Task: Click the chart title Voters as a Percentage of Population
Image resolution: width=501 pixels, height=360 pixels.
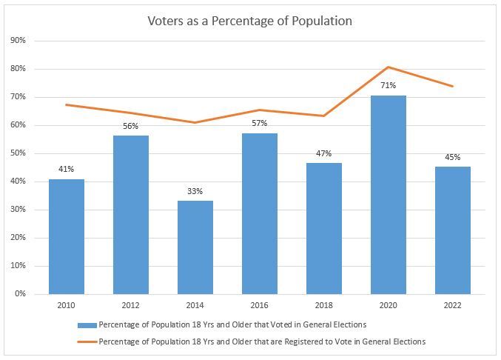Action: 250,21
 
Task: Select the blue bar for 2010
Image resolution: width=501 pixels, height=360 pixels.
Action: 66,236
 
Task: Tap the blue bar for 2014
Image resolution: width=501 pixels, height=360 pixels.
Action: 195,247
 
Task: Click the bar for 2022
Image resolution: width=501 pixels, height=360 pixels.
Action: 452,230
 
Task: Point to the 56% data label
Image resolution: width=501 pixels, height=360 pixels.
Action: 130,126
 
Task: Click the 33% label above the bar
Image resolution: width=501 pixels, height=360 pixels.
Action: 195,191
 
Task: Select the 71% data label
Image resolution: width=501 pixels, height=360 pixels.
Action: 389,86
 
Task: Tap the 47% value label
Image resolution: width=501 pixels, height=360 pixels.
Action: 324,153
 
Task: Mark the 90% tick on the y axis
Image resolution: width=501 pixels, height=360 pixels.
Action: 19,41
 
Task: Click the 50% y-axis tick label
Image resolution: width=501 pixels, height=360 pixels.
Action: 19,153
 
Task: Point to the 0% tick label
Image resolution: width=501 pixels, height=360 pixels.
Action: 20,294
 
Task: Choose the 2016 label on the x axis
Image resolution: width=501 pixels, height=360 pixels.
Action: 259,305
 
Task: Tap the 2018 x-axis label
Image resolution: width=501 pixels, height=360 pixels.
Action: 324,305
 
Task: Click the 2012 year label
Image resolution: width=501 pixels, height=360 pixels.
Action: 130,305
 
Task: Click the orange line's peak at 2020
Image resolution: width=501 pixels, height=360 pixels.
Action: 389,67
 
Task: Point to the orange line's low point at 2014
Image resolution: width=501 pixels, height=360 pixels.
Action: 195,122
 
